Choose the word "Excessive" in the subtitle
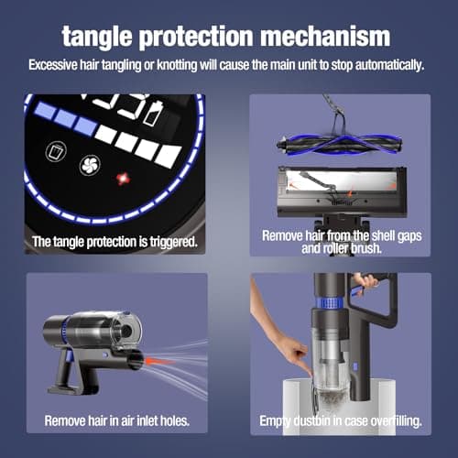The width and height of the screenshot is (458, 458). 58,66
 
